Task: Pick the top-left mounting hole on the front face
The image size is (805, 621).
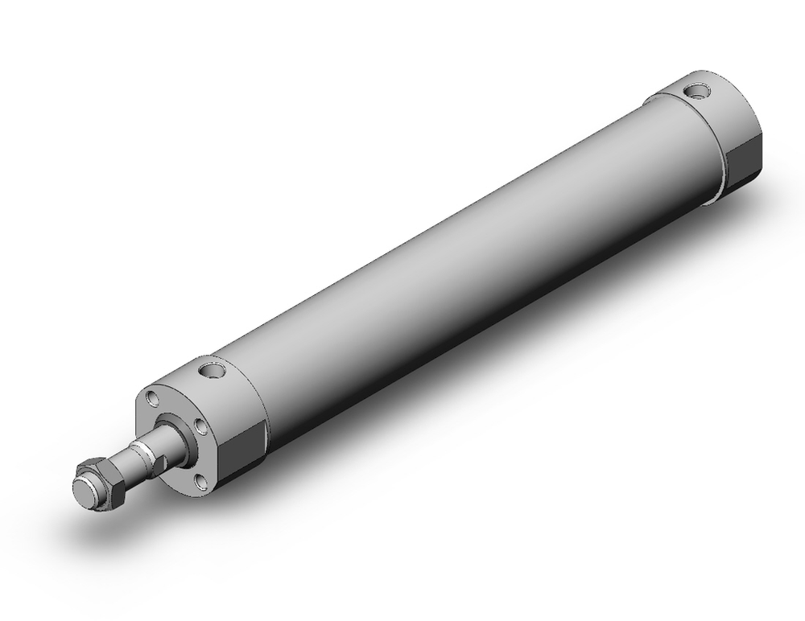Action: click(x=151, y=400)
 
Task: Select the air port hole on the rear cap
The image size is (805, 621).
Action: click(x=697, y=91)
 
